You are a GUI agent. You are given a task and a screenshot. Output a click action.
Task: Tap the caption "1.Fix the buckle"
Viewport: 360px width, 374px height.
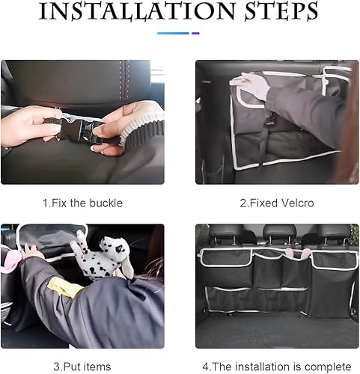(82, 203)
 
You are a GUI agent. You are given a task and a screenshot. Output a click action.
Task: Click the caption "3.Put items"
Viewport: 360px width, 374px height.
(82, 365)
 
